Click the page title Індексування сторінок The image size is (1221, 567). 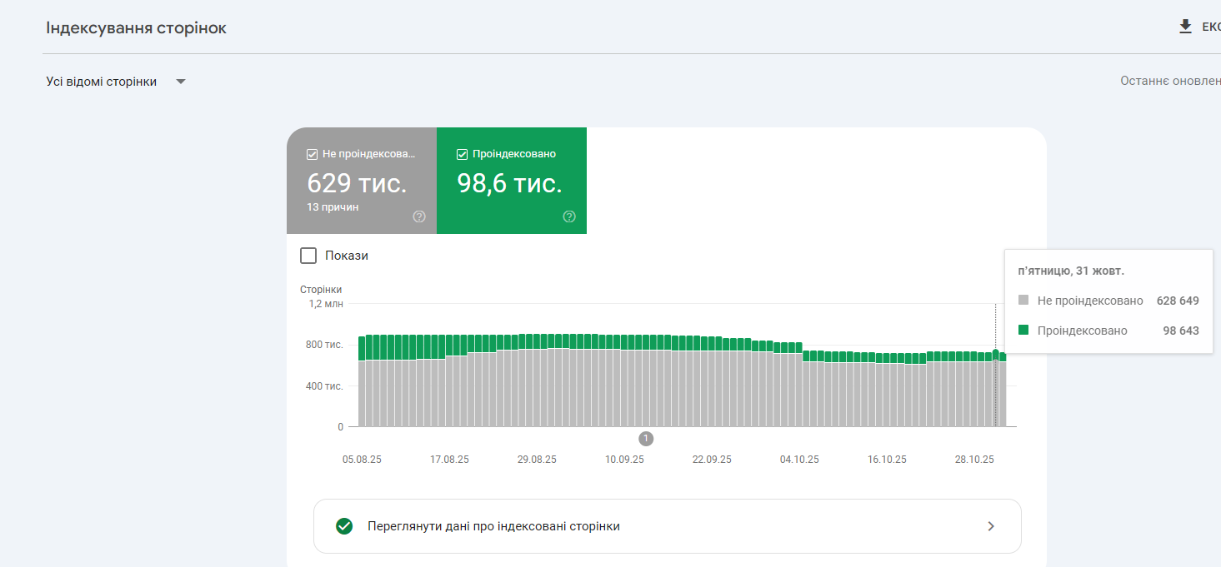(136, 28)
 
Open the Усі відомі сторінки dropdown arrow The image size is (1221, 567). (181, 82)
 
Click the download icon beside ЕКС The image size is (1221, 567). (1186, 27)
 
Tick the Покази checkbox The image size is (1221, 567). (308, 256)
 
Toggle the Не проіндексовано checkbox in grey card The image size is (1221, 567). (312, 154)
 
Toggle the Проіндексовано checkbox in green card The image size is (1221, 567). (462, 154)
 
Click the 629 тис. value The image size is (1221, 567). (357, 183)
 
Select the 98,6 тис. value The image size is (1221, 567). (509, 183)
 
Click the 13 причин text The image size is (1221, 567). (333, 206)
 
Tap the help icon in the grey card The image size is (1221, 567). (419, 216)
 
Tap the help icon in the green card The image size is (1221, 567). (569, 216)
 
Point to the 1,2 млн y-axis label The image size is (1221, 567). (326, 304)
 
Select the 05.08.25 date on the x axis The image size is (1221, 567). (362, 460)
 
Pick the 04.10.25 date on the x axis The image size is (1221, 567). (799, 460)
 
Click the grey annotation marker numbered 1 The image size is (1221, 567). (646, 439)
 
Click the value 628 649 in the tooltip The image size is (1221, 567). (1178, 301)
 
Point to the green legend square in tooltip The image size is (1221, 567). (1023, 331)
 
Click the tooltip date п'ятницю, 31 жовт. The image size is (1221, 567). (1072, 271)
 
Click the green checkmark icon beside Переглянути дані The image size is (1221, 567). (343, 526)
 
